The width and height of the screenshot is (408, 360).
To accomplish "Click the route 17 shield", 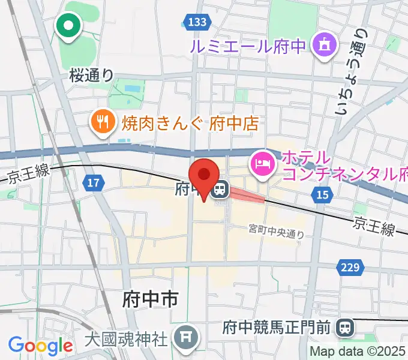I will tap(93, 182).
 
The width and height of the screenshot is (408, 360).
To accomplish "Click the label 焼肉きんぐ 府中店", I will tap(190, 124).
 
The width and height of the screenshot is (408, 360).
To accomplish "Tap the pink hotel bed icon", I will tap(263, 162).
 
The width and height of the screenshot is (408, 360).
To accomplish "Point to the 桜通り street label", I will tap(91, 75).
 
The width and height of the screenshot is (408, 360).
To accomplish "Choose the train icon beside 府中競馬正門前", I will tap(344, 327).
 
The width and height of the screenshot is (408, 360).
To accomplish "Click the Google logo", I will tap(40, 346).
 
